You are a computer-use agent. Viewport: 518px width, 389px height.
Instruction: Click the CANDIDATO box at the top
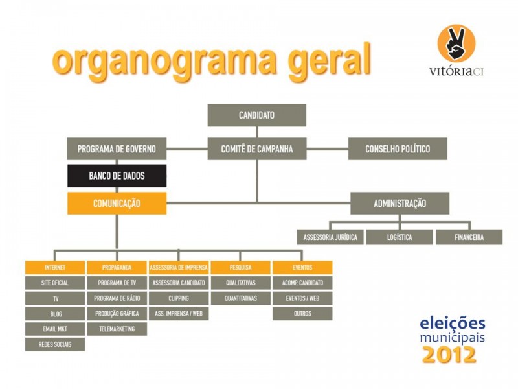[x=256, y=115]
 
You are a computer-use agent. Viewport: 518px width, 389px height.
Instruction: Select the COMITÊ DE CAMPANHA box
[x=256, y=149]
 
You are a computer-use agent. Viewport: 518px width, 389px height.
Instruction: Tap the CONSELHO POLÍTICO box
[x=398, y=149]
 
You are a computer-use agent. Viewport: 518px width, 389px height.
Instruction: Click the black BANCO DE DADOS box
[x=117, y=176]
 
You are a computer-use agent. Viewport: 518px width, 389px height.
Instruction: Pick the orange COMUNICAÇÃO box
[x=117, y=203]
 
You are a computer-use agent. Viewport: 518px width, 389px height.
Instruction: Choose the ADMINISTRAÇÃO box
[x=400, y=203]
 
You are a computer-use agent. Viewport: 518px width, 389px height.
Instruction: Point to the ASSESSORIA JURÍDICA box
[x=330, y=237]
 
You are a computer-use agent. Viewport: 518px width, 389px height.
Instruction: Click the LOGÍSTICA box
[x=400, y=237]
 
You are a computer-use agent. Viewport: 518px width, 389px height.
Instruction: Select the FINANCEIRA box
[x=469, y=237]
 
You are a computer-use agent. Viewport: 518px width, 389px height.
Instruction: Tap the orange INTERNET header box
[x=55, y=267]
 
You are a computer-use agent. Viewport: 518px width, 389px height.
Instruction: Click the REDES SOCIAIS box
[x=55, y=344]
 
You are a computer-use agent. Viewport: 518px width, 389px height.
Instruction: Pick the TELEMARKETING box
[x=117, y=329]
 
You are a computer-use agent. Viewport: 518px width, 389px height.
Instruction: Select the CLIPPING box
[x=179, y=298]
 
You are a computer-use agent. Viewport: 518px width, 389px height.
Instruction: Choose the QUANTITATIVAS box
[x=240, y=298]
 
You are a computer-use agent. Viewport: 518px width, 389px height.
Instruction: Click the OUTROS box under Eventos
[x=302, y=314]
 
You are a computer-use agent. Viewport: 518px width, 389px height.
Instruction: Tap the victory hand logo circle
[x=456, y=43]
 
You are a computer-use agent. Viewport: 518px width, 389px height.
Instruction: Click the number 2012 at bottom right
[x=449, y=355]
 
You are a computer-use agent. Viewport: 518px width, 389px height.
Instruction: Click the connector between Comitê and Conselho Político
[x=327, y=149]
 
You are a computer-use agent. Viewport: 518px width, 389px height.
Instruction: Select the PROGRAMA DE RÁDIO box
[x=117, y=298]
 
